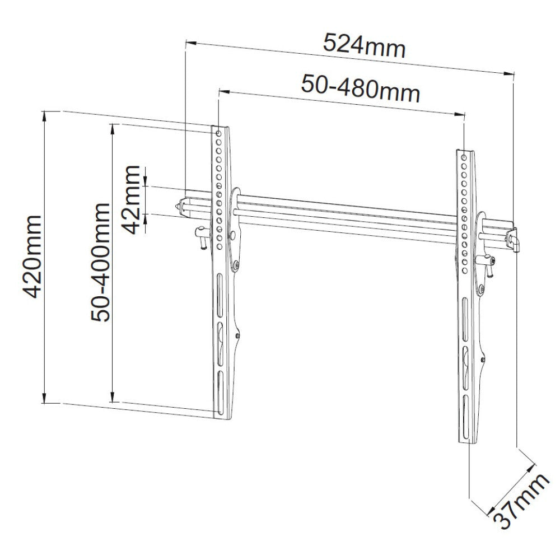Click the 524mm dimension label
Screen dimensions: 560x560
tap(365, 46)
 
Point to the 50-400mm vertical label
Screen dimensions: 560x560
tap(101, 262)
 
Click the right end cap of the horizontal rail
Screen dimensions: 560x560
tap(514, 240)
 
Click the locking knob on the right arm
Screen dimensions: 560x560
tap(489, 263)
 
